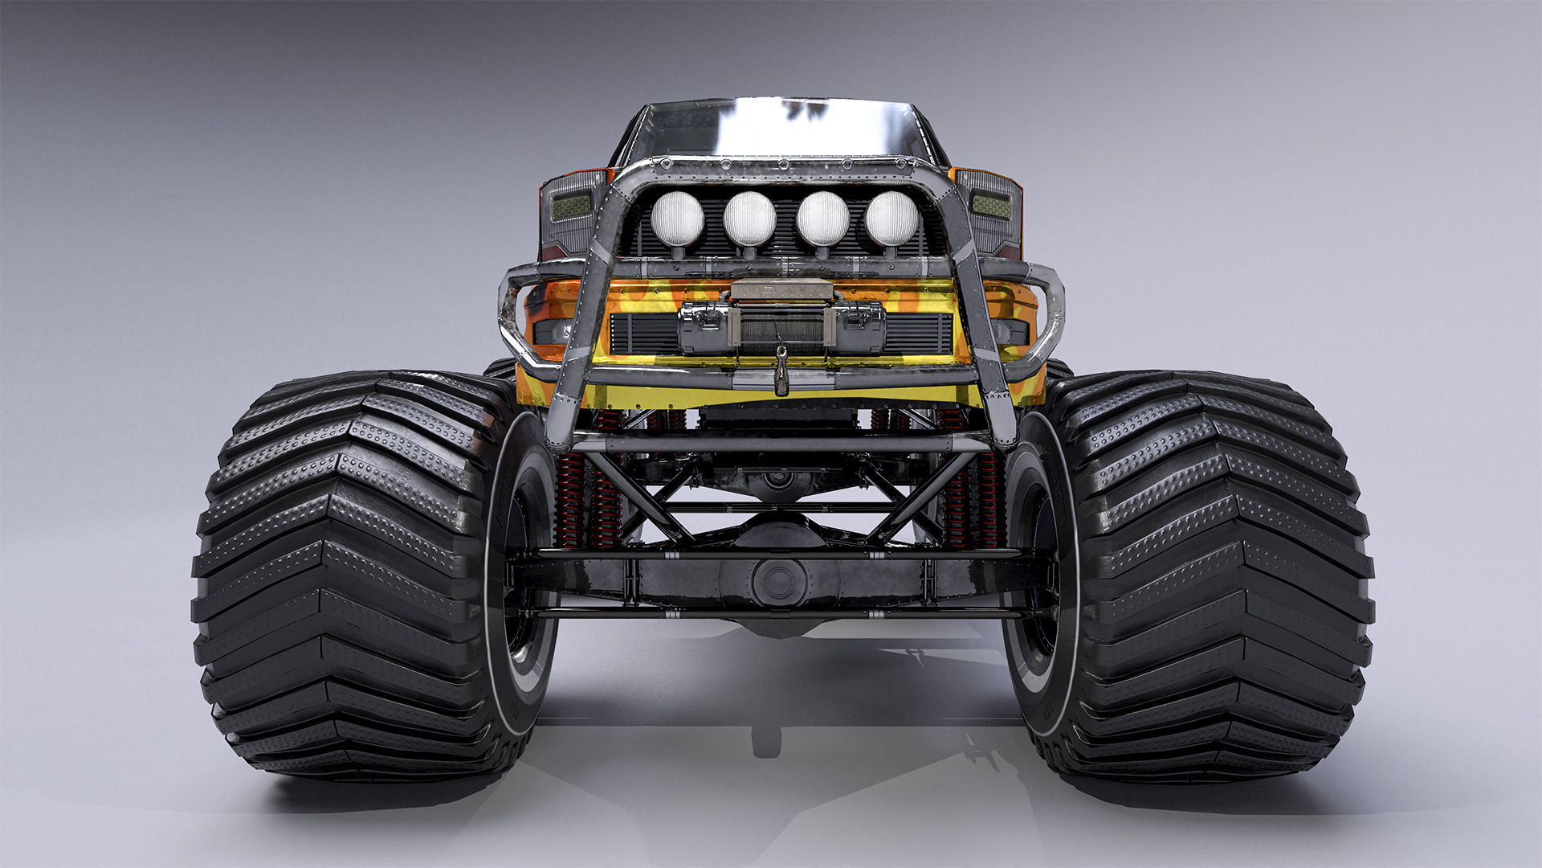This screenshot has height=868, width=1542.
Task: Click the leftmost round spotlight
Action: pyautogui.click(x=677, y=219)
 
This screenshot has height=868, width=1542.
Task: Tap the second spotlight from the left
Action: pyautogui.click(x=749, y=219)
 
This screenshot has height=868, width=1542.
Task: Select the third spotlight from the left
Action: pyautogui.click(x=822, y=219)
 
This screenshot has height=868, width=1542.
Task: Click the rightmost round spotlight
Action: pyautogui.click(x=891, y=219)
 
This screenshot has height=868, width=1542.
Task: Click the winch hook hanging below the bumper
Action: pyautogui.click(x=781, y=375)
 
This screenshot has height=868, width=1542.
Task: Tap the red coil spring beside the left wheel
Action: pyautogui.click(x=572, y=498)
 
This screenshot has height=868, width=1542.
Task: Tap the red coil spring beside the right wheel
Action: pyautogui.click(x=986, y=498)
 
